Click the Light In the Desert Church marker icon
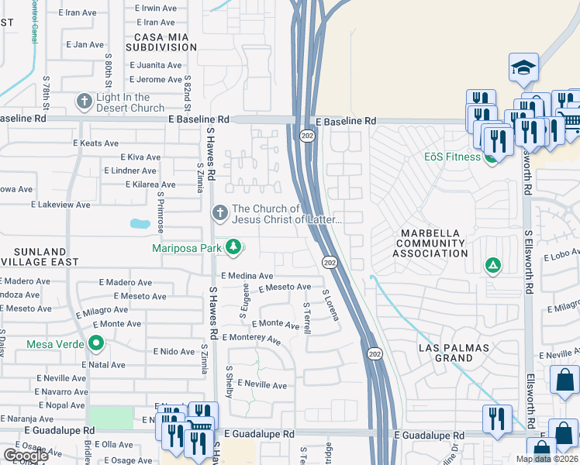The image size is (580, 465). tap(84, 102)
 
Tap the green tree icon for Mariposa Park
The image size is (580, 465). tap(233, 248)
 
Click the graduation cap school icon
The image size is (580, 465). tap(523, 68)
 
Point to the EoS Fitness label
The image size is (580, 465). tap(452, 157)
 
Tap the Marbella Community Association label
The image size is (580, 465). tap(430, 243)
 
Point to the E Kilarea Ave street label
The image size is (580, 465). tap(151, 184)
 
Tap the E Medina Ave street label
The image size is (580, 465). tap(247, 276)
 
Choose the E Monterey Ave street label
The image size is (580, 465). tap(251, 339)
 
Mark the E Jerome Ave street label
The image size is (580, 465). tap(156, 80)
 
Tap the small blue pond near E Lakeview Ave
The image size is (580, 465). tap(140, 224)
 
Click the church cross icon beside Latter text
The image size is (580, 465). tap(219, 212)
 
